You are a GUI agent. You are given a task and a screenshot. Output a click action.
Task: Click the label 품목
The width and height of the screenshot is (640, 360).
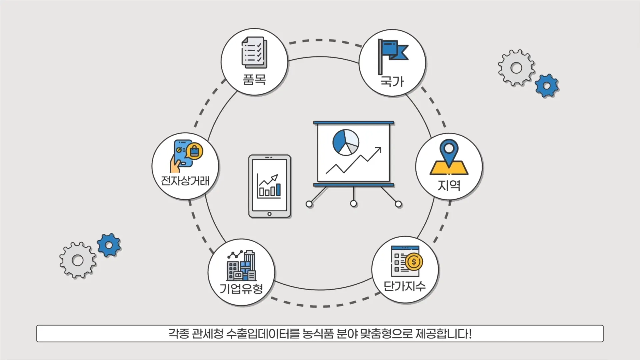pos(254,80)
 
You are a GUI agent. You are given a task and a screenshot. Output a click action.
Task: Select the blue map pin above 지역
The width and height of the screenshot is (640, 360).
pos(449,152)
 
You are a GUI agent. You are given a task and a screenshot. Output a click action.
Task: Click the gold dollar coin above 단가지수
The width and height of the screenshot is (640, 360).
pos(414,262)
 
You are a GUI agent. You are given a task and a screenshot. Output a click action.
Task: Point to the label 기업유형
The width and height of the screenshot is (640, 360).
pos(241,288)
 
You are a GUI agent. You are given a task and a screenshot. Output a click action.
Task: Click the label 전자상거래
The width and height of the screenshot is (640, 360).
pos(185,181)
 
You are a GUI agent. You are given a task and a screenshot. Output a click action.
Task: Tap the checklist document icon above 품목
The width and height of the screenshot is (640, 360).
pos(254,52)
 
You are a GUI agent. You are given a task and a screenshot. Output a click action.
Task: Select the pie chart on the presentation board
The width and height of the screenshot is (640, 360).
pos(346,142)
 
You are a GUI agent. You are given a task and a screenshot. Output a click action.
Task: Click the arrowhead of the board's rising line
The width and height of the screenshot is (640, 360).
pos(378,150)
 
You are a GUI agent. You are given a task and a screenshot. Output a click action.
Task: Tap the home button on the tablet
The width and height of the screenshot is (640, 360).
pos(269,214)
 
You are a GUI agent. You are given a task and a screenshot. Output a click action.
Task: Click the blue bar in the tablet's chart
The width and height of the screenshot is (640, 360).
pos(278,190)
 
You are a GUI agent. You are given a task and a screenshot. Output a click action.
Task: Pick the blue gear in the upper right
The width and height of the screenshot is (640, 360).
pos(547,86)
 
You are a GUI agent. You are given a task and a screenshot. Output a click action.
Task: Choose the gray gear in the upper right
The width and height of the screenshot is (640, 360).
pos(516,68)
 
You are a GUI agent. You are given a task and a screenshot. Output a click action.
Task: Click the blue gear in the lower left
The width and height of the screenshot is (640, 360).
pos(109,245)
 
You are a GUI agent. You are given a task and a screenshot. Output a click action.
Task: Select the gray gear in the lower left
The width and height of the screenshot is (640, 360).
pos(78,260)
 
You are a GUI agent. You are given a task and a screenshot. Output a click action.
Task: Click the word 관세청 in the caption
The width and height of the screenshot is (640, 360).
pos(208,334)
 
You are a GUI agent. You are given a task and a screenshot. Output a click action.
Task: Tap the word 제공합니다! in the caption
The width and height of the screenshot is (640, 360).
pos(444,334)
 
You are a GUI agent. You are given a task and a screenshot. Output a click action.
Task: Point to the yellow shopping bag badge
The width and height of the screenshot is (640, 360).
pos(194,151)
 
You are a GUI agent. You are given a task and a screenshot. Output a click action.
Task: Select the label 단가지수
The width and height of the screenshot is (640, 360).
pos(405,286)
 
